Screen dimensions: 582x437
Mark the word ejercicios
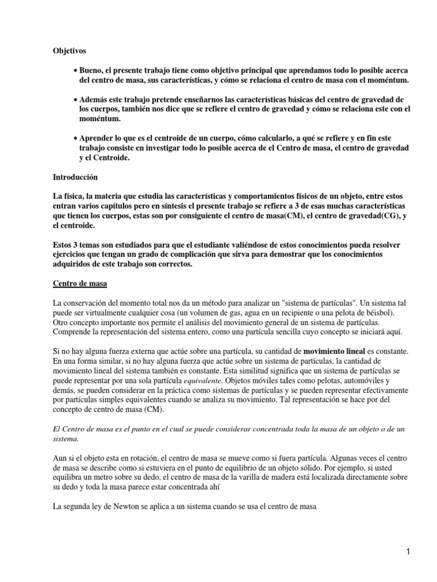point(69,255)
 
